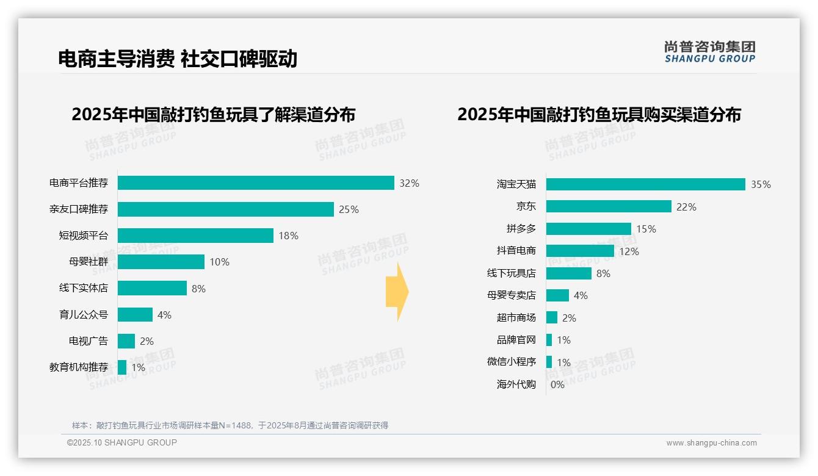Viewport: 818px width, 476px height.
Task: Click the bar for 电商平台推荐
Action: pyautogui.click(x=256, y=183)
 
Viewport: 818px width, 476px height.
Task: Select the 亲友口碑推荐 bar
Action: pyautogui.click(x=226, y=209)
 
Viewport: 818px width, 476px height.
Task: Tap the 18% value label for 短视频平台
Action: pyautogui.click(x=289, y=236)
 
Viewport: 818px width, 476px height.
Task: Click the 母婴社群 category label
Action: pyautogui.click(x=88, y=262)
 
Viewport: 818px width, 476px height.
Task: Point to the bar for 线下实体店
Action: pyautogui.click(x=152, y=288)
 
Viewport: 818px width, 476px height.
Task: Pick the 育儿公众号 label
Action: pyautogui.click(x=83, y=315)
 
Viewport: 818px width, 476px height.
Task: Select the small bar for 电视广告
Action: pyautogui.click(x=126, y=341)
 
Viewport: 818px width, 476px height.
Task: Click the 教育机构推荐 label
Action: pyautogui.click(x=78, y=367)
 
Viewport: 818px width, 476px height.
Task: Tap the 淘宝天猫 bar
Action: pyautogui.click(x=645, y=184)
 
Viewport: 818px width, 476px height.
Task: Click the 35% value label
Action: pyautogui.click(x=761, y=184)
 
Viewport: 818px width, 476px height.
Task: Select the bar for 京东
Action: pyautogui.click(x=609, y=206)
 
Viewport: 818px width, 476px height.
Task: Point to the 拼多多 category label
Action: pyautogui.click(x=521, y=229)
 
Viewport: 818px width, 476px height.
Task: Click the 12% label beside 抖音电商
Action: pyautogui.click(x=629, y=251)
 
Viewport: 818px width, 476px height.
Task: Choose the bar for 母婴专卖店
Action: pyautogui.click(x=557, y=295)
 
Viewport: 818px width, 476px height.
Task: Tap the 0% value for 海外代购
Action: pyautogui.click(x=557, y=384)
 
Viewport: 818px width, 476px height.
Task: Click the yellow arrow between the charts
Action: pyautogui.click(x=397, y=292)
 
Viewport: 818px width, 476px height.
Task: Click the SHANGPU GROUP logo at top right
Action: pyautogui.click(x=709, y=52)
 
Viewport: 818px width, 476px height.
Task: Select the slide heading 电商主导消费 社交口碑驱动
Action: pyautogui.click(x=177, y=59)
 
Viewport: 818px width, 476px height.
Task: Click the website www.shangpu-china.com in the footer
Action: pyautogui.click(x=711, y=443)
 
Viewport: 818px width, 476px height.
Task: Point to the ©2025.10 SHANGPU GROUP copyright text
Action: pyautogui.click(x=122, y=442)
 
